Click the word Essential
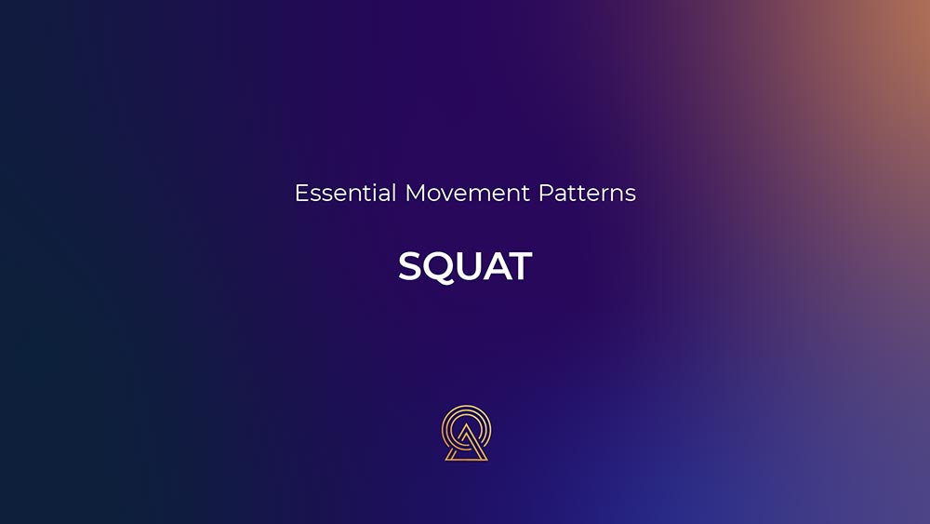pos(345,193)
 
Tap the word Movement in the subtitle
pos(468,193)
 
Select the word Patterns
pos(587,193)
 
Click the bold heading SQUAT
pos(465,266)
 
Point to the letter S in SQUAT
pos(410,266)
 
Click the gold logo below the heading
pos(466,433)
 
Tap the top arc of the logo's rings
pos(466,407)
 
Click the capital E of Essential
pos(301,193)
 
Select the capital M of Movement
pos(415,193)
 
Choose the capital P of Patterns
pos(545,193)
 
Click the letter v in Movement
pos(449,195)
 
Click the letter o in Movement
pos(435,195)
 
